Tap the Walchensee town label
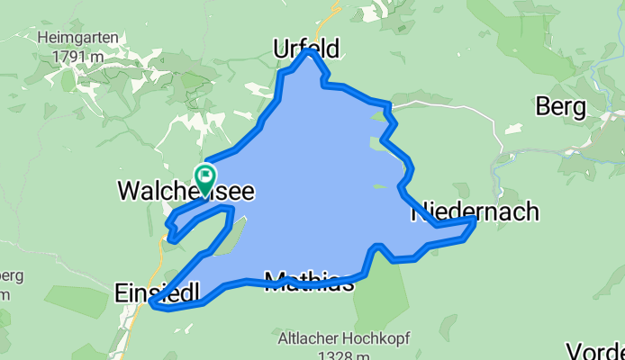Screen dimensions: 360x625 [x=186, y=192]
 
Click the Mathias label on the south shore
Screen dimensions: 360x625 [x=308, y=282]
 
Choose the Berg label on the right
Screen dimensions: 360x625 [x=560, y=107]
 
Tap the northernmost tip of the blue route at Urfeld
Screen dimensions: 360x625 [x=309, y=52]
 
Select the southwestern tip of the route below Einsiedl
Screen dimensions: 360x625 [x=153, y=307]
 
